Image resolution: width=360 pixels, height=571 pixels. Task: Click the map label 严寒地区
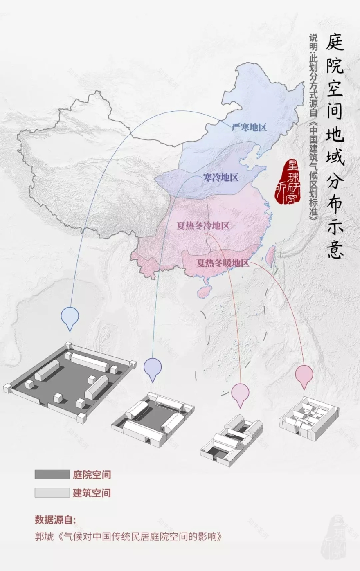249,127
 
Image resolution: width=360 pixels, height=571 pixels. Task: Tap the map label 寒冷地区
220,178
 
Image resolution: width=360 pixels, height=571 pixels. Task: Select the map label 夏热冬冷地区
203,226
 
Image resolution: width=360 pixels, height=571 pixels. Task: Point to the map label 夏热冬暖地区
223,263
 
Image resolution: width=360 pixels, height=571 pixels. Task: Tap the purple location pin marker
153,368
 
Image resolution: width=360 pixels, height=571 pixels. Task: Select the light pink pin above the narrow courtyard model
240,393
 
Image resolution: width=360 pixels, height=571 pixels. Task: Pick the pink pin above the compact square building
304,375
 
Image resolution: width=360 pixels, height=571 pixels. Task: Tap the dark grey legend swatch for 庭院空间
52,474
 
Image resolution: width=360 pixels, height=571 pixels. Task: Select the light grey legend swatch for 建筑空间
52,493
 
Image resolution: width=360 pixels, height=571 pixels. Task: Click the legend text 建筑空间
92,493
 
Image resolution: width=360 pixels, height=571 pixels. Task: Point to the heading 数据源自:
55,520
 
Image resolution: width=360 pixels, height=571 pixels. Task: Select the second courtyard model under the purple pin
153,417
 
